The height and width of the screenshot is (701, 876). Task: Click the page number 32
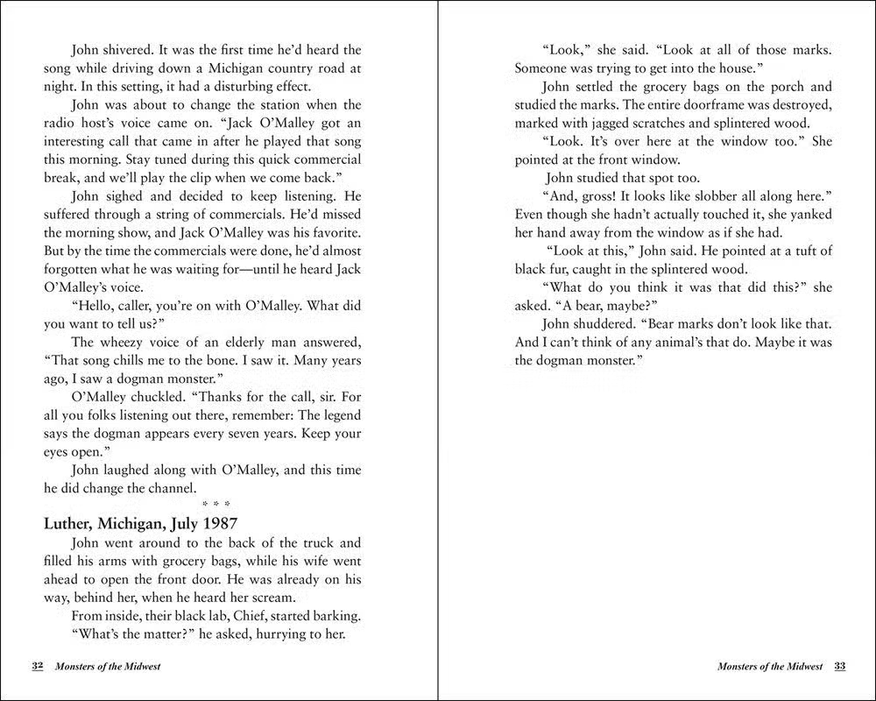[38, 666]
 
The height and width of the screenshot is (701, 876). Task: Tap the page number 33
[839, 666]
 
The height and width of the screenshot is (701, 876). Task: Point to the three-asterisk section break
[203, 506]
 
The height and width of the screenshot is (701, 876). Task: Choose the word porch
[781, 87]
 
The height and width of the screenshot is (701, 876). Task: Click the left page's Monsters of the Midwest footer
[108, 666]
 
